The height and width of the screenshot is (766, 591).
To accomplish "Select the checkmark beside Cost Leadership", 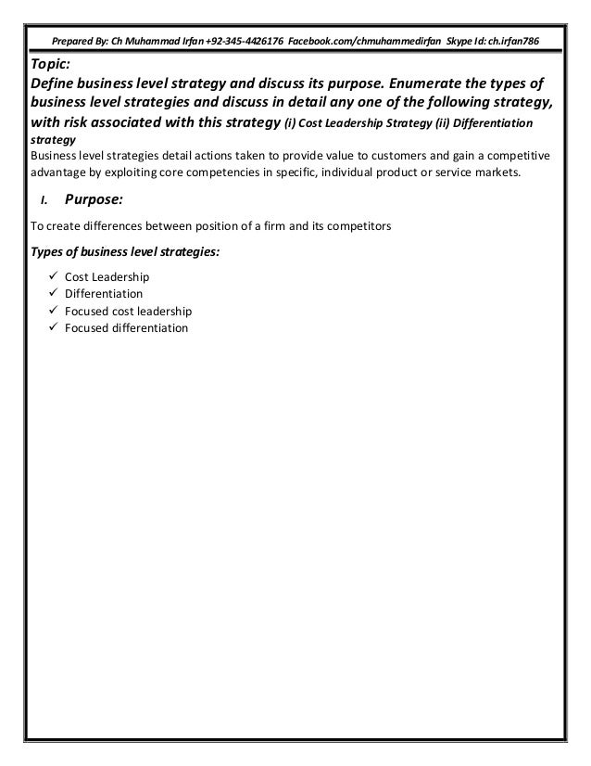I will click(x=55, y=276).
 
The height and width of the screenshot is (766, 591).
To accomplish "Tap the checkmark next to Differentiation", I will click(x=55, y=293).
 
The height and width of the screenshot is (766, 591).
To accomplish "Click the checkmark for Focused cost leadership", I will click(x=55, y=311).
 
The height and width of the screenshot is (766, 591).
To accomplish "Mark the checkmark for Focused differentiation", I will click(x=55, y=327).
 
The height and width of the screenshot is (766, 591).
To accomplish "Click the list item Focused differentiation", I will click(x=126, y=327).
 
